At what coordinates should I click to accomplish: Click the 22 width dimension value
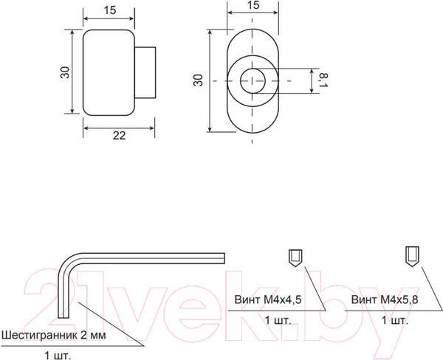click(119, 136)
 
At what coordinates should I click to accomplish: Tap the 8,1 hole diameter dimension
click(324, 80)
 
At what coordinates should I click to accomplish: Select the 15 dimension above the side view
click(109, 10)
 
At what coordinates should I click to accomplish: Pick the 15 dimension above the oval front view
click(253, 5)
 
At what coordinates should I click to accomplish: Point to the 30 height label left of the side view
click(65, 72)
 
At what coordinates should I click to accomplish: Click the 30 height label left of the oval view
click(198, 80)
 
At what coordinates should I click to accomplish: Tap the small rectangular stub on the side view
click(145, 72)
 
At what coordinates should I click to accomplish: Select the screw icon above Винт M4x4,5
click(295, 258)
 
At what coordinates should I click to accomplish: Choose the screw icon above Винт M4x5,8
click(412, 257)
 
